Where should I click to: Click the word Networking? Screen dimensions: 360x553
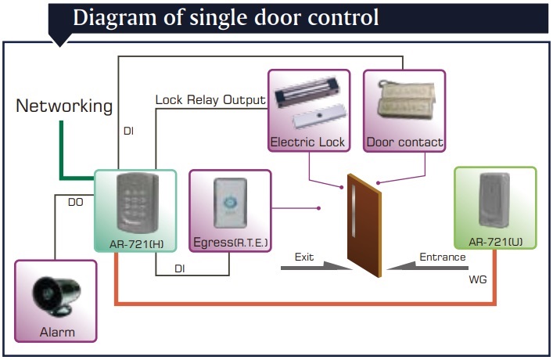[64, 106]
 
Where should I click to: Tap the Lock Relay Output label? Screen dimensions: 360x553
[210, 100]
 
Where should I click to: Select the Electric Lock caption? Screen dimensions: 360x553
[307, 142]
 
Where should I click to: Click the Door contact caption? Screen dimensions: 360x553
[404, 142]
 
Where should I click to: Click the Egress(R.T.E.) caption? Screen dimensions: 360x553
[230, 244]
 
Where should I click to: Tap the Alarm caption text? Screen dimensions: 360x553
[57, 332]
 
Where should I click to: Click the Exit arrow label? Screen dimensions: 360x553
[304, 257]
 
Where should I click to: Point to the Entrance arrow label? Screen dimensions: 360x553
[443, 257]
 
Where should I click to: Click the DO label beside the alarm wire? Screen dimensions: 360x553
[75, 202]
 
